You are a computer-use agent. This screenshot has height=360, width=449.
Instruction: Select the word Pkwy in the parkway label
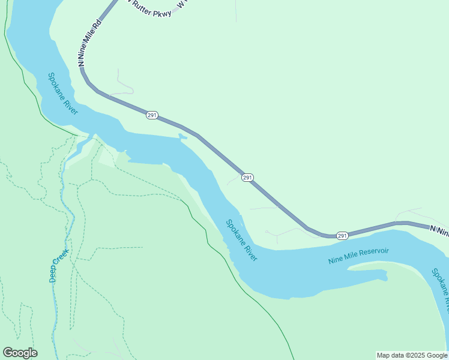click(x=162, y=13)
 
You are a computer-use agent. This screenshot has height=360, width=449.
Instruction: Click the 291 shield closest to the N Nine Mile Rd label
click(x=152, y=115)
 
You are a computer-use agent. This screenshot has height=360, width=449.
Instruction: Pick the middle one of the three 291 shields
click(x=248, y=178)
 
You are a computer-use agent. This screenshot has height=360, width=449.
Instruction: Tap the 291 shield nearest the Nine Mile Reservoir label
click(x=342, y=236)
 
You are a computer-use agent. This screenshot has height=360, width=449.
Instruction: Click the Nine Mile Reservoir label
click(x=358, y=256)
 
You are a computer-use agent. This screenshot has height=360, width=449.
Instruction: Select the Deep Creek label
click(x=58, y=266)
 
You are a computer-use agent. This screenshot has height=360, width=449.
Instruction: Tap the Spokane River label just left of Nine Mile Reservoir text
click(x=242, y=240)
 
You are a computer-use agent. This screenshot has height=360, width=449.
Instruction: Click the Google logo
click(x=20, y=353)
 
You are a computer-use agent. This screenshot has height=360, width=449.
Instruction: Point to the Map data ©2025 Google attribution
click(x=412, y=355)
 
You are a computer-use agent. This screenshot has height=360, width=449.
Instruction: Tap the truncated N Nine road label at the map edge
click(x=439, y=229)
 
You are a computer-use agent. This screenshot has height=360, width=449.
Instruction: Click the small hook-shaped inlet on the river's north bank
click(x=182, y=137)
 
